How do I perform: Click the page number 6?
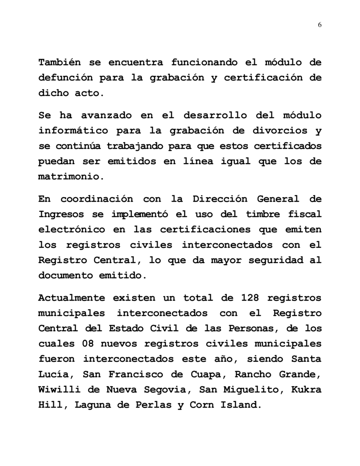point(320,25)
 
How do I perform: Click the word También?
point(61,62)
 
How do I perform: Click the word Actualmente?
point(72,298)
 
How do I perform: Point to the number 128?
point(252,298)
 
